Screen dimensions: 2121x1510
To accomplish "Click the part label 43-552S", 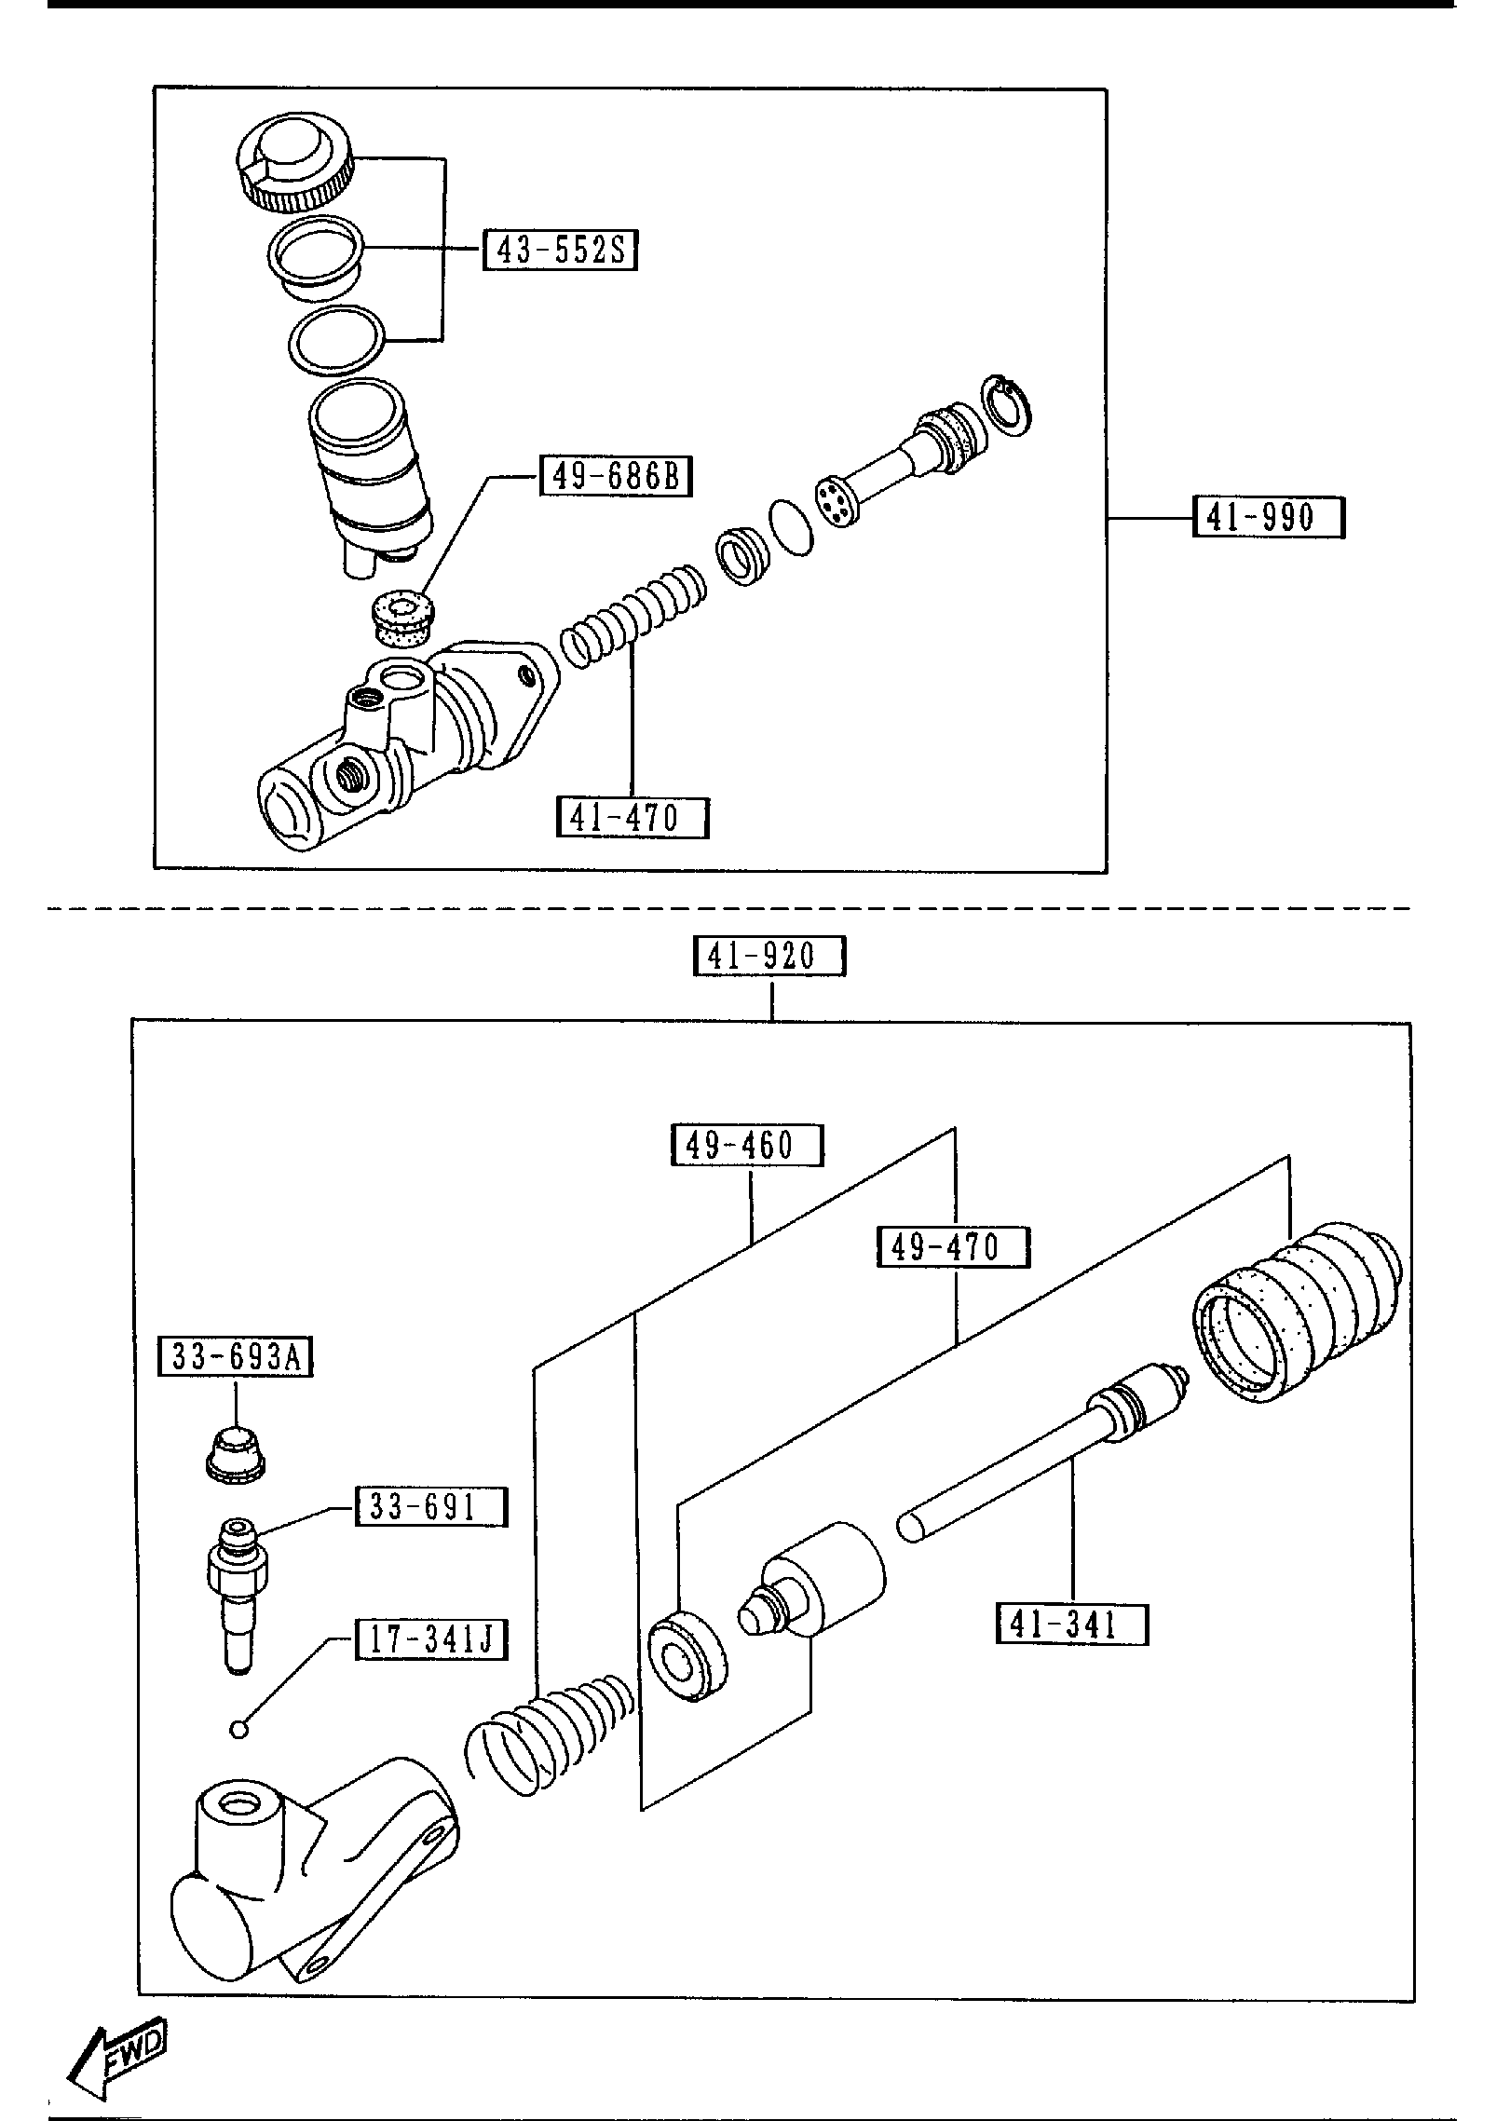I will point(561,251).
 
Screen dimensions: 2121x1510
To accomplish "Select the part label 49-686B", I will point(616,477).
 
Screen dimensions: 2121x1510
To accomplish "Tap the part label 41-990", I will point(1268,517).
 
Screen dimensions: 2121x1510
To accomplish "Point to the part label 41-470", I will point(632,817).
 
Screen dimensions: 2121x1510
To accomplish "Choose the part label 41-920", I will point(769,956).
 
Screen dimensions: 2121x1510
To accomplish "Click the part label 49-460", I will point(747,1145).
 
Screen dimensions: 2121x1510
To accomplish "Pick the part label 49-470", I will point(953,1247).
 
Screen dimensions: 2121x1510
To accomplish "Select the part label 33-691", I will point(431,1506).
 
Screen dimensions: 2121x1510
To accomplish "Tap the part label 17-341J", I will point(431,1640).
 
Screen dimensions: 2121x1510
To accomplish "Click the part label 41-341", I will point(1071,1625).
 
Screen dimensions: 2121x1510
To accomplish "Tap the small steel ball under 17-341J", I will point(238,1730).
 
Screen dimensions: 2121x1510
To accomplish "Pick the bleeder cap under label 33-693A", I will point(236,1453).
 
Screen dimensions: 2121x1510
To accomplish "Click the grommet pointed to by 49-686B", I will point(401,619).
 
